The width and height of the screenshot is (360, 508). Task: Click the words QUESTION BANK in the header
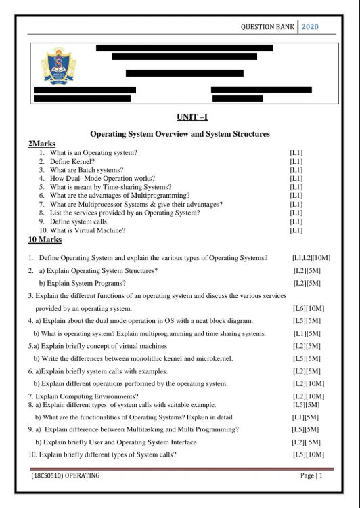click(267, 27)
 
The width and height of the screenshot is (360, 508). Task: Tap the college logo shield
click(59, 66)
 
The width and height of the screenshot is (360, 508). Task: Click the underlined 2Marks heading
click(41, 144)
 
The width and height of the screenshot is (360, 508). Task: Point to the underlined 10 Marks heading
click(45, 240)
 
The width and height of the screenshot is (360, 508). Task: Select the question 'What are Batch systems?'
click(87, 170)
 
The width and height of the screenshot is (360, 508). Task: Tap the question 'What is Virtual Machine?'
click(87, 230)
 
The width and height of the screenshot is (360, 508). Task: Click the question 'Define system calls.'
click(79, 221)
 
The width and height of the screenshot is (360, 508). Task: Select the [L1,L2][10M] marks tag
click(311, 258)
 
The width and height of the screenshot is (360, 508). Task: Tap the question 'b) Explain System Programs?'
click(82, 283)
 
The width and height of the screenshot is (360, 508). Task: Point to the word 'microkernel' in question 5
click(216, 358)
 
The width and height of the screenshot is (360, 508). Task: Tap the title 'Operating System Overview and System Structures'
click(180, 134)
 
